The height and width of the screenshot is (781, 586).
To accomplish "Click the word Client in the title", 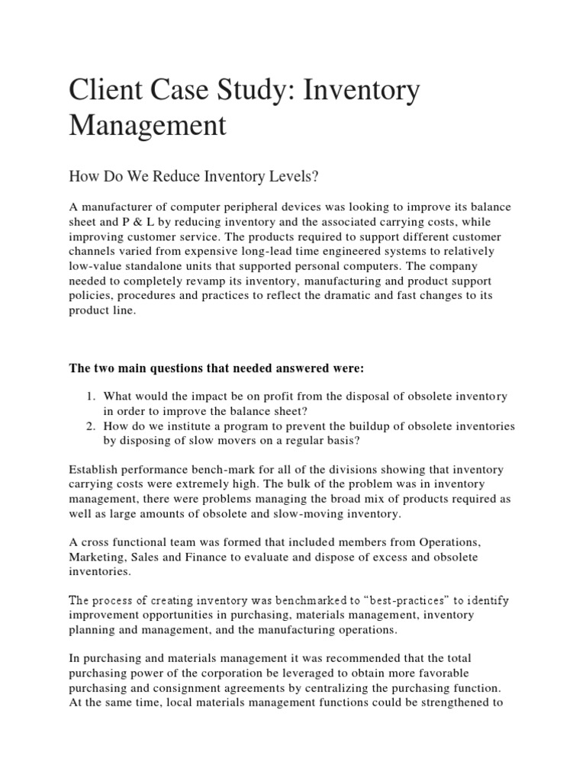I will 108,92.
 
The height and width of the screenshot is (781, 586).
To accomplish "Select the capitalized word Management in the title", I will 148,125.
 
